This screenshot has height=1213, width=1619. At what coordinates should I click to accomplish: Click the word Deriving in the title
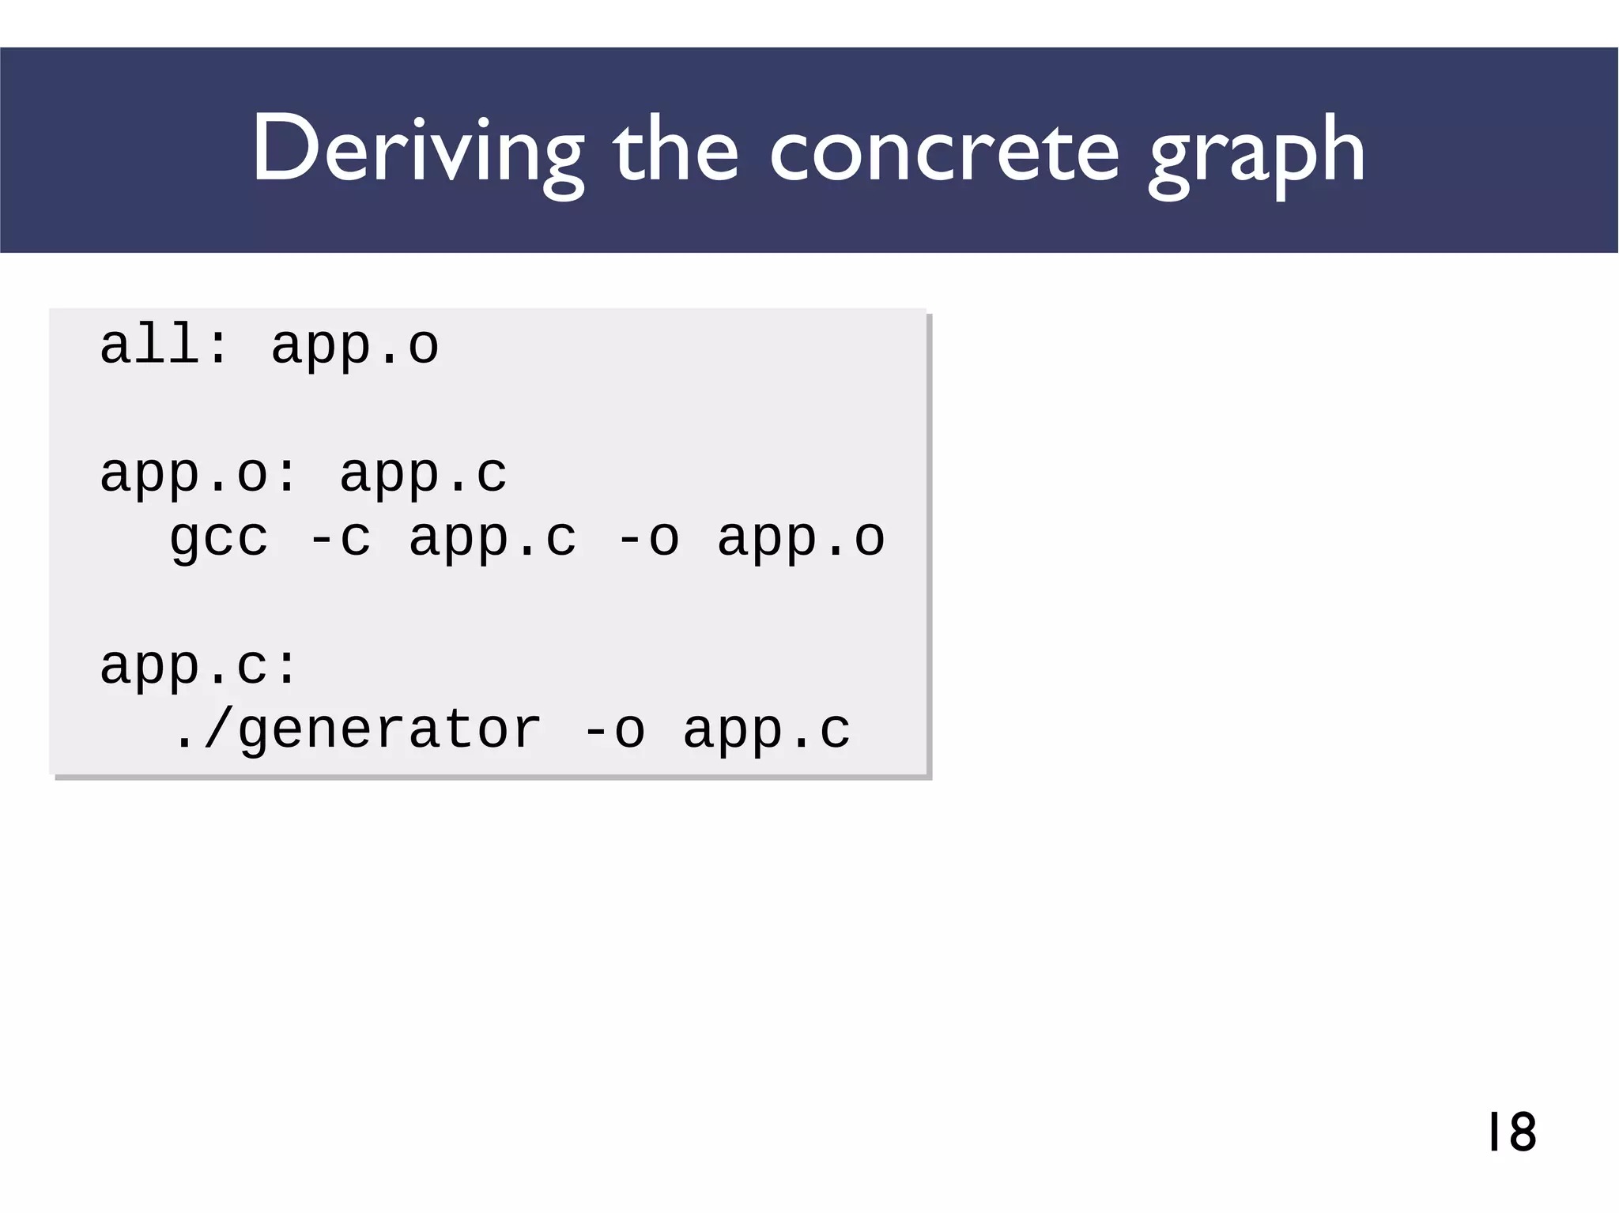[417, 150]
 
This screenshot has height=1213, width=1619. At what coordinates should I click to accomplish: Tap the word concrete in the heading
[944, 150]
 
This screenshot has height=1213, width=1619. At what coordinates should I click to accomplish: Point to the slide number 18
[1511, 1132]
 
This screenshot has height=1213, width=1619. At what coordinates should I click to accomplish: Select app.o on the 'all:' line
[355, 347]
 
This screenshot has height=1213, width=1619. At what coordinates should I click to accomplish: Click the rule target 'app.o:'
[198, 475]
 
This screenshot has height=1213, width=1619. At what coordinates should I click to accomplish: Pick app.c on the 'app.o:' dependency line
[423, 475]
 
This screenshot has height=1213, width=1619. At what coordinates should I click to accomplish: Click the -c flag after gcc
[339, 538]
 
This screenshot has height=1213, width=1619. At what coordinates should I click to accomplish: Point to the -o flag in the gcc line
[647, 538]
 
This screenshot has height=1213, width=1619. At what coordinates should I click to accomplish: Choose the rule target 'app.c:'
[198, 666]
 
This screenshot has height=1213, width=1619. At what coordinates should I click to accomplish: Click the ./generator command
[356, 730]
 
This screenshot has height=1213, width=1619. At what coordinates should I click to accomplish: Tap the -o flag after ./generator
[613, 730]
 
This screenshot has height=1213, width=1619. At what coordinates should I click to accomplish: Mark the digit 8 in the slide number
[1521, 1132]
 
